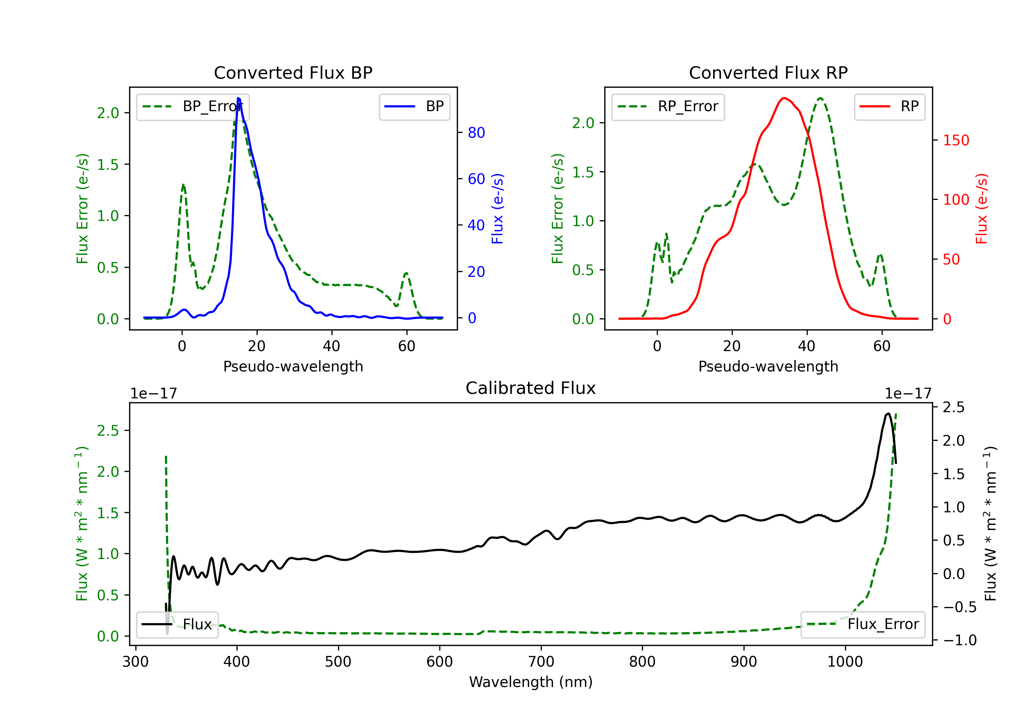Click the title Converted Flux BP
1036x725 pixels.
(x=293, y=72)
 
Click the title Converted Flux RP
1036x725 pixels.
(x=768, y=72)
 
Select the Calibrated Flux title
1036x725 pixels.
(x=531, y=388)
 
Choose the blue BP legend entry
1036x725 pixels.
(x=414, y=106)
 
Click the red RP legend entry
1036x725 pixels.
(x=889, y=106)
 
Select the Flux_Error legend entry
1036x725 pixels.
(x=863, y=625)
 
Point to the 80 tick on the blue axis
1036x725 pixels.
(x=476, y=133)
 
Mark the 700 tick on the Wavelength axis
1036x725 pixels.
(x=541, y=662)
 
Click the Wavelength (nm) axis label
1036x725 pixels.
(x=531, y=682)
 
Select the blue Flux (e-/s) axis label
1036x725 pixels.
(x=497, y=209)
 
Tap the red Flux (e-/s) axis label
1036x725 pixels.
(x=981, y=209)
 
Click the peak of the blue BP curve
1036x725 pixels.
(x=238, y=98)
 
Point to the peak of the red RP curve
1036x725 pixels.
(x=784, y=98)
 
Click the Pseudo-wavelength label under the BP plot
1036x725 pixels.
(x=293, y=366)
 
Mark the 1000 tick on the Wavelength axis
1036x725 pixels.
(x=845, y=662)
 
